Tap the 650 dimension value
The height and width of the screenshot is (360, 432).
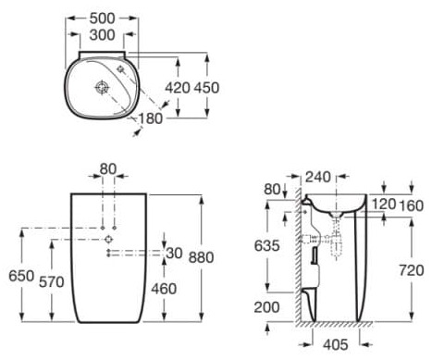tap(18, 276)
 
